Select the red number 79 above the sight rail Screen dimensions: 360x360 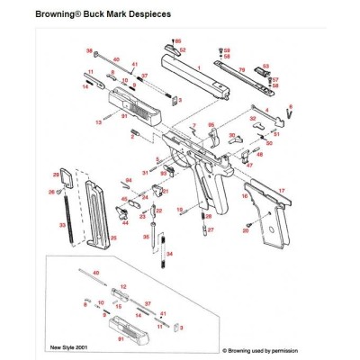click(x=241, y=70)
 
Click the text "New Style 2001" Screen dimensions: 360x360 click(x=68, y=345)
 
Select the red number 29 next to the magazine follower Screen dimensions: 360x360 click(x=56, y=174)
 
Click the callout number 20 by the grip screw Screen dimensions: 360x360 click(x=245, y=231)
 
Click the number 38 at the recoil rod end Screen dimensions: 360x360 click(x=89, y=51)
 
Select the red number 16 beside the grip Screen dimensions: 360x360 click(x=245, y=195)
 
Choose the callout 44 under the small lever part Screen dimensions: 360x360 click(x=124, y=221)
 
